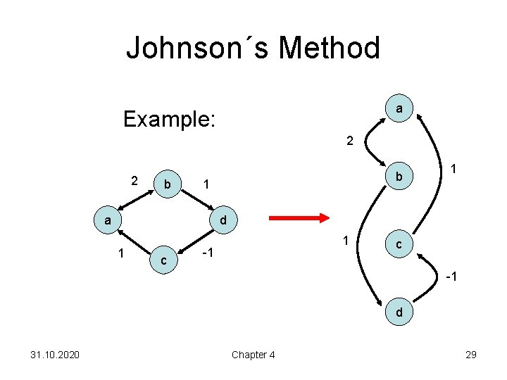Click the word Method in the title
pos(330,49)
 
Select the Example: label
pos(168,118)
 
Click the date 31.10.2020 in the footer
pos(51,355)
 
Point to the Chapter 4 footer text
pos(253,355)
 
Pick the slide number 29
pos(471,355)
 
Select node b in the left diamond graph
pos(167,184)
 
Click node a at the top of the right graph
pos(399,108)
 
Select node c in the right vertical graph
pos(399,245)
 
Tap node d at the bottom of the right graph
pos(399,311)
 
